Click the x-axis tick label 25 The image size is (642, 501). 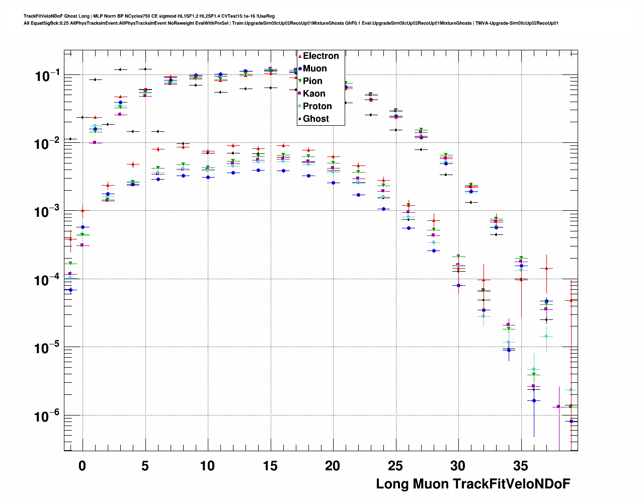pyautogui.click(x=395, y=466)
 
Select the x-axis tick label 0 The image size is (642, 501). pyautogui.click(x=83, y=466)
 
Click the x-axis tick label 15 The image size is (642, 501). pyautogui.click(x=270, y=466)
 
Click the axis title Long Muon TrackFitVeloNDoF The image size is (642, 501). pyautogui.click(x=473, y=484)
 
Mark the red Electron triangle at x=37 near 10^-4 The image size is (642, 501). pyautogui.click(x=546, y=268)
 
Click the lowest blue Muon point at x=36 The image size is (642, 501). pyautogui.click(x=534, y=400)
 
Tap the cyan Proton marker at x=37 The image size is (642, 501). pyautogui.click(x=546, y=337)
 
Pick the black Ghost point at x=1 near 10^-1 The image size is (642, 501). pyautogui.click(x=95, y=79)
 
